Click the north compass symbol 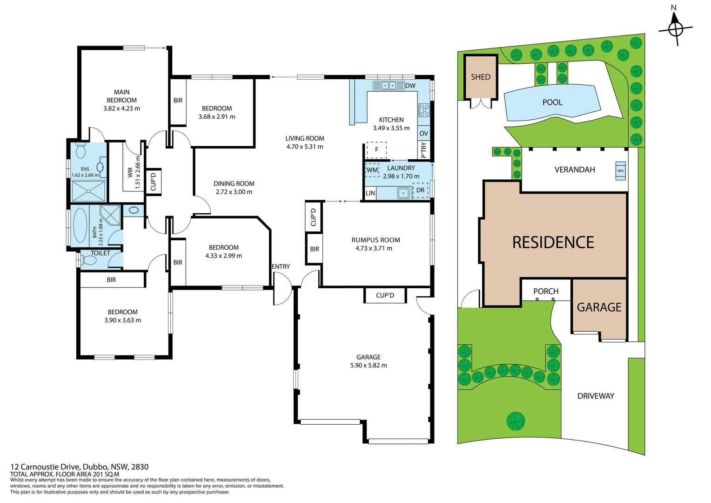675,29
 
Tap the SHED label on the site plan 481,77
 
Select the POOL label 552,102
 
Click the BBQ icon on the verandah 620,171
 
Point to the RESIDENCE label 553,242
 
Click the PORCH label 546,291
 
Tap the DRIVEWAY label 596,396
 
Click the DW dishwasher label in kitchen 410,86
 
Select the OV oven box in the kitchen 423,133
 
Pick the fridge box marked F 376,150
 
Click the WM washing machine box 372,170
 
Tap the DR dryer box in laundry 420,190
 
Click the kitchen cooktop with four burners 424,110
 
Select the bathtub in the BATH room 80,226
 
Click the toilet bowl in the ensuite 81,151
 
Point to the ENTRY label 281,266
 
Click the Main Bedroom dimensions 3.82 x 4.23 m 121,109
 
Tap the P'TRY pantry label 423,150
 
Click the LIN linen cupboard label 370,193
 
